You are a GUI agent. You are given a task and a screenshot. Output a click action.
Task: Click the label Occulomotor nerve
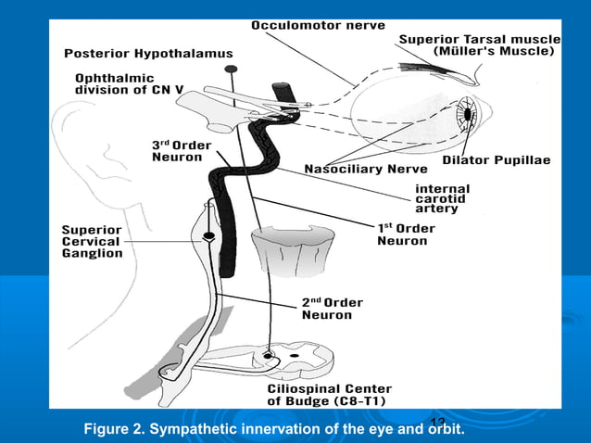click(313, 24)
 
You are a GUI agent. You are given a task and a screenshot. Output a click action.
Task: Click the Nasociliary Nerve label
click(366, 170)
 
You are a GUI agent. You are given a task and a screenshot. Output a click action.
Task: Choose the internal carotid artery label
click(442, 198)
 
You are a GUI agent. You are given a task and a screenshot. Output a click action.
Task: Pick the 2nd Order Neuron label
click(332, 309)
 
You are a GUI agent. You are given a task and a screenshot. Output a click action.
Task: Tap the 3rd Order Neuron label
click(181, 151)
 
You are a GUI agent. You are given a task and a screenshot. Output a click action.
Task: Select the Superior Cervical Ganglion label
click(92, 241)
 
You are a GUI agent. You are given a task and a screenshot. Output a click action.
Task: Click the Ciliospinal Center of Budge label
click(329, 395)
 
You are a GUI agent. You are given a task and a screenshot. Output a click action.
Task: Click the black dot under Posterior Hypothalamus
click(231, 70)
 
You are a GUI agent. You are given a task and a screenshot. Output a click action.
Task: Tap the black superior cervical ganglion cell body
click(210, 236)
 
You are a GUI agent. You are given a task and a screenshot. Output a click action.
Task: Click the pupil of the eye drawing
click(469, 115)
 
